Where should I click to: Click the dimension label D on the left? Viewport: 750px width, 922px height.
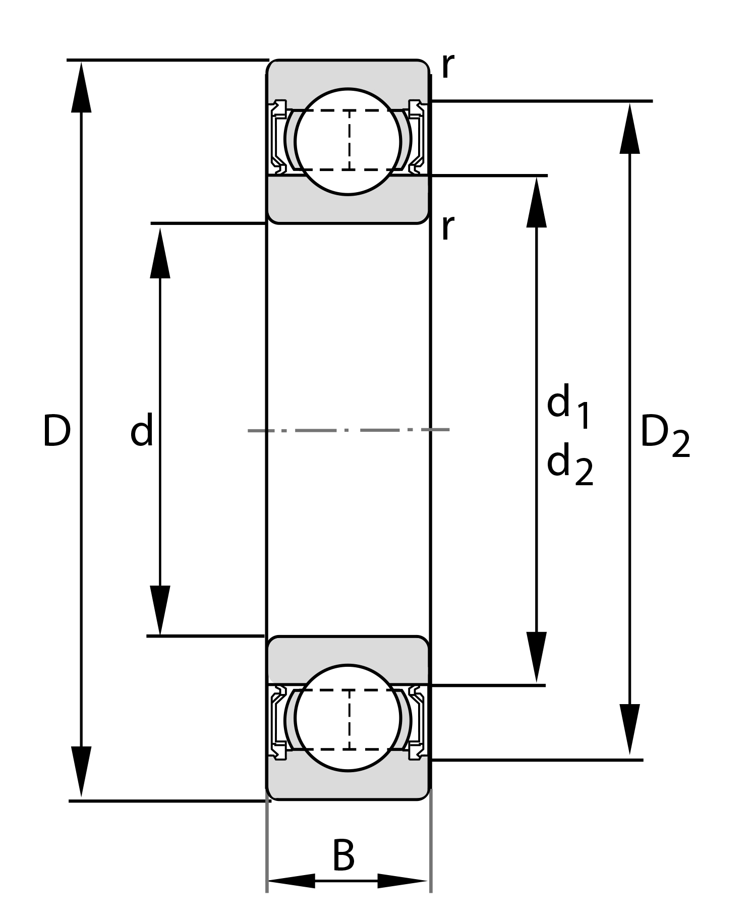tap(56, 431)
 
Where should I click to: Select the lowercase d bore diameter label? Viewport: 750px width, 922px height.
tap(141, 431)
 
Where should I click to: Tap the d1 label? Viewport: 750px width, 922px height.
tap(568, 406)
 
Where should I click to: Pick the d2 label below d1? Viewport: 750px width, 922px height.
tap(569, 464)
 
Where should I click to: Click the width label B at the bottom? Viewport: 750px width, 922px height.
tap(344, 856)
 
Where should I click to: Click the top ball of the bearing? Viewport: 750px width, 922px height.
tap(348, 141)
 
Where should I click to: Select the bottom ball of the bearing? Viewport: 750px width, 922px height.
tap(348, 718)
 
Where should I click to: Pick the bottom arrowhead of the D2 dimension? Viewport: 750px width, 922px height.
tap(629, 729)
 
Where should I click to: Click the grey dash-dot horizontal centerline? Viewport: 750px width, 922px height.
tap(348, 430)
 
